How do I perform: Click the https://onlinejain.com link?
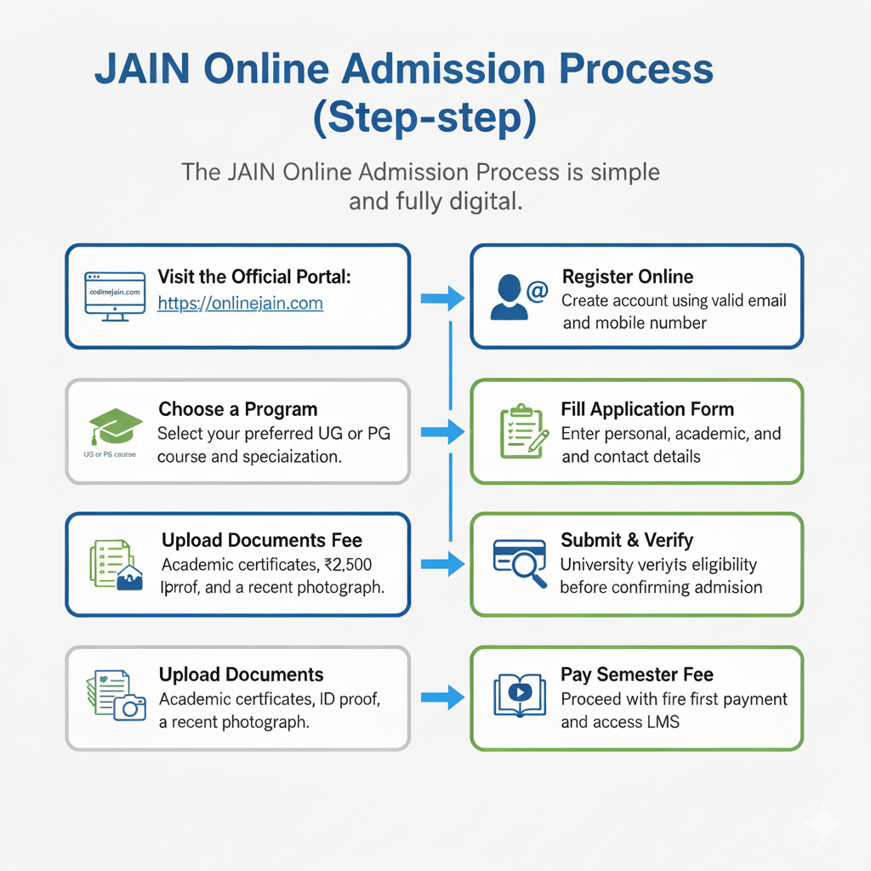point(240,304)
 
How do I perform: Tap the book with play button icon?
point(519,694)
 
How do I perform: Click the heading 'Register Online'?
point(628,276)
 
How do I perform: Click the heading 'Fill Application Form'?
point(647,409)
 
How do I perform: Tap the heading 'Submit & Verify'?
point(627,540)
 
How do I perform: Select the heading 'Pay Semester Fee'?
point(636,675)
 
